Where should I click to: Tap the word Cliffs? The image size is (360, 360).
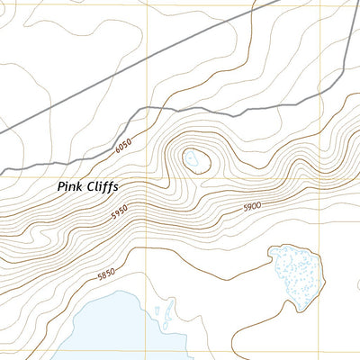(101, 188)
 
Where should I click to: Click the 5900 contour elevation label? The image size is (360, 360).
(251, 207)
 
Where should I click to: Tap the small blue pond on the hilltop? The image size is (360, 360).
(193, 160)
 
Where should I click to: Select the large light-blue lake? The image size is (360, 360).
(108, 333)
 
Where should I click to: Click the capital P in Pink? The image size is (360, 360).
(60, 188)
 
